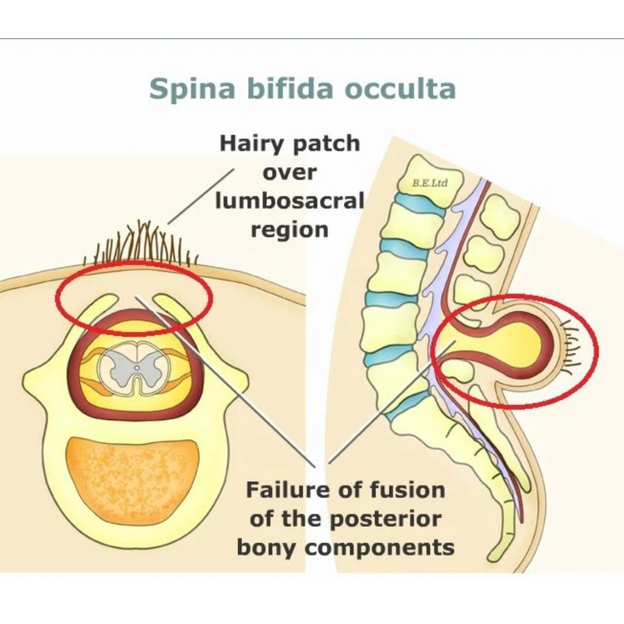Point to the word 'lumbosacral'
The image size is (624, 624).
(x=289, y=201)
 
